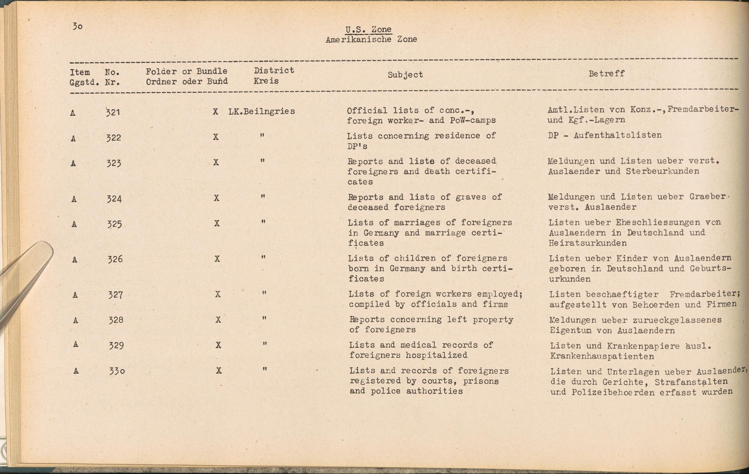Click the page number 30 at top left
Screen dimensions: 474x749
point(78,26)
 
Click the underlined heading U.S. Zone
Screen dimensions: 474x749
point(369,29)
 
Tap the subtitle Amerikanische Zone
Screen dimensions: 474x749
point(371,39)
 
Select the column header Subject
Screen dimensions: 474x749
point(405,75)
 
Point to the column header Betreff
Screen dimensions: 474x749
point(606,73)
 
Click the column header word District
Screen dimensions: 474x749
point(274,70)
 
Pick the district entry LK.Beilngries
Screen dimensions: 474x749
point(261,111)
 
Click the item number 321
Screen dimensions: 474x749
point(113,112)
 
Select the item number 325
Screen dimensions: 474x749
point(114,224)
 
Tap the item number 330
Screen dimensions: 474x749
point(116,371)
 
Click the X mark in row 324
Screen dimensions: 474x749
point(216,198)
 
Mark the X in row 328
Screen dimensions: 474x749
point(218,320)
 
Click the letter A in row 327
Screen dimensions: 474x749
point(75,295)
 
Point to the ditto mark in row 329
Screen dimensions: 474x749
point(265,344)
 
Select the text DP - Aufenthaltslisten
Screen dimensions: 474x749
point(604,135)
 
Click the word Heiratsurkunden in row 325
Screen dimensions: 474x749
point(588,243)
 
